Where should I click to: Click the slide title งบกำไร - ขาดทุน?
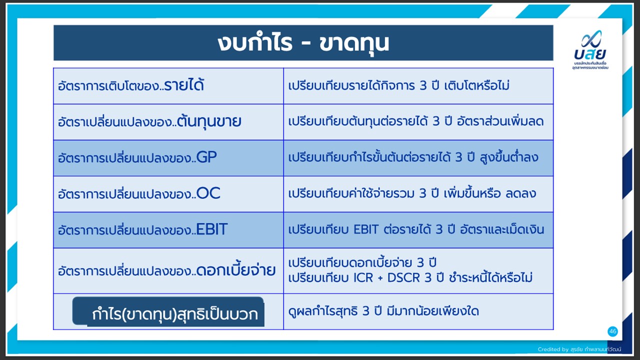click(x=303, y=43)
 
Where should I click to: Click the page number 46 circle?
click(x=612, y=331)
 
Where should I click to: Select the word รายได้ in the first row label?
click(x=184, y=85)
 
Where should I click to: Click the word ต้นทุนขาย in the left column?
click(x=209, y=121)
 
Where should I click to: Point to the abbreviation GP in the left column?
click(x=206, y=157)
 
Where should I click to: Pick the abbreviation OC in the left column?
click(x=208, y=193)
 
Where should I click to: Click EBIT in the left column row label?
click(x=211, y=229)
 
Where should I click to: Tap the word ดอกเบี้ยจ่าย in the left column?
click(x=236, y=270)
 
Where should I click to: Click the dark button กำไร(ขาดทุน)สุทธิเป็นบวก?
click(x=168, y=311)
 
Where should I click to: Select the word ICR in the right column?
click(x=363, y=277)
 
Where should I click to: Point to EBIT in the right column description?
click(x=366, y=229)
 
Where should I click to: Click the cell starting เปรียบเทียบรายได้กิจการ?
click(x=418, y=86)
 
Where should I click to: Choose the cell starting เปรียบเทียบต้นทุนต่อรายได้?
click(x=418, y=122)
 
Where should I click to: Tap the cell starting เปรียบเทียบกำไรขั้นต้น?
click(x=418, y=158)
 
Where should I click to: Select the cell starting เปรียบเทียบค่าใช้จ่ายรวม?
click(x=418, y=194)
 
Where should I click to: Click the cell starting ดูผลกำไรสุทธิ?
click(x=418, y=311)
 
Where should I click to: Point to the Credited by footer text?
click(x=579, y=349)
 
